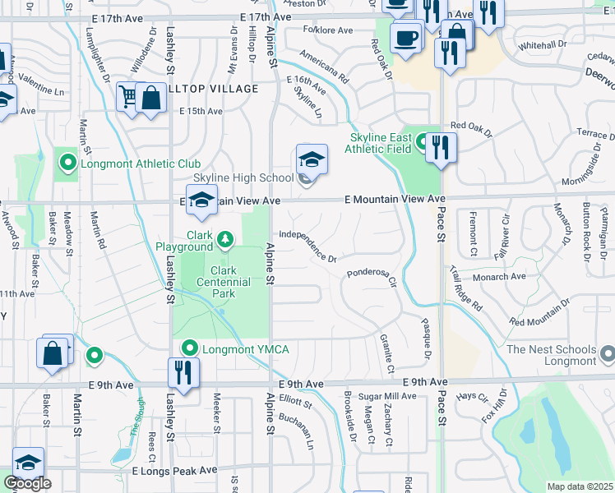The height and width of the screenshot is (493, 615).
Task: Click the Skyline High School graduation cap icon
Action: click(x=312, y=159)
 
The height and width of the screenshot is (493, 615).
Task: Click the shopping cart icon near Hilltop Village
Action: click(x=128, y=97)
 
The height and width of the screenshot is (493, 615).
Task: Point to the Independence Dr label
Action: click(x=308, y=246)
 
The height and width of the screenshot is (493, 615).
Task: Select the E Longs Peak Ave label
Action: click(x=174, y=471)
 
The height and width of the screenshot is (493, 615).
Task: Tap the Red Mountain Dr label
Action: click(x=539, y=311)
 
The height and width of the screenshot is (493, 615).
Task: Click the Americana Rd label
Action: click(x=324, y=68)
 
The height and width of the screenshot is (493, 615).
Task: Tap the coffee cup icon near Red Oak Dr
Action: click(x=405, y=37)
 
